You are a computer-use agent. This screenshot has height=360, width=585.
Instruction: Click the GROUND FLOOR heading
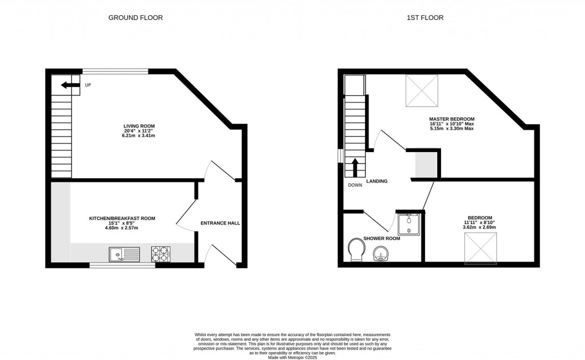tap(135, 18)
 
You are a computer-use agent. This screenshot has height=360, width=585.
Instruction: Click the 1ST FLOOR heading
tap(424, 18)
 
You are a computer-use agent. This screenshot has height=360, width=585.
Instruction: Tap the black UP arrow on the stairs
tap(70, 85)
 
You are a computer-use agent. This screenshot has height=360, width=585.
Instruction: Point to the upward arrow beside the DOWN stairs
tap(355, 167)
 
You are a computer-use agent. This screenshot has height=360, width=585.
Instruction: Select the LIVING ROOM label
tap(139, 126)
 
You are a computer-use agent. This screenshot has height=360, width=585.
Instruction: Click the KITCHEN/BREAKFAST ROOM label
tap(122, 218)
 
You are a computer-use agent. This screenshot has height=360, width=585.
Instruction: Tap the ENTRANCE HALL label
tap(220, 223)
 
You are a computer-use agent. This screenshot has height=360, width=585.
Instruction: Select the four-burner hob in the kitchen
tap(161, 253)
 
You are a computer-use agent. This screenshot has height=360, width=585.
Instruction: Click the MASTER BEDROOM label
tap(452, 119)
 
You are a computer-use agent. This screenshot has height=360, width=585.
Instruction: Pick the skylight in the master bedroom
tap(422, 90)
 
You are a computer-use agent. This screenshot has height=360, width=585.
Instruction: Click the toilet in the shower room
tap(357, 249)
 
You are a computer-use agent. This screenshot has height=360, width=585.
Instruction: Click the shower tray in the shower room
tap(409, 223)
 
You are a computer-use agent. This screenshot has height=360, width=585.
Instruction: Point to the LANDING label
tap(377, 181)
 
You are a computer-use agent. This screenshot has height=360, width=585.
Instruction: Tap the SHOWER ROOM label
tap(381, 238)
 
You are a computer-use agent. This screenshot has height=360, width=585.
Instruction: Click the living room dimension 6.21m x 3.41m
tap(139, 136)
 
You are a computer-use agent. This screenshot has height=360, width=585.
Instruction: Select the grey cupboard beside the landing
tap(426, 164)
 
